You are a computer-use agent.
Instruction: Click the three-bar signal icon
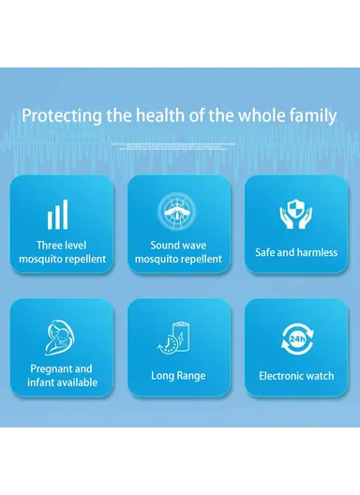(x=57, y=215)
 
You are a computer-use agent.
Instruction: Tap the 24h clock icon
(x=296, y=337)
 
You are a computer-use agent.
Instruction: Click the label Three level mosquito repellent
(x=62, y=251)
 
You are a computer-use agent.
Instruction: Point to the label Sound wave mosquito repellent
(x=178, y=251)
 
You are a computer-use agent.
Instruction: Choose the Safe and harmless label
(x=296, y=252)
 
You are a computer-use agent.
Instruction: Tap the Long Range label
(x=178, y=376)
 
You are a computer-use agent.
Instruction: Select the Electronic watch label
(x=296, y=376)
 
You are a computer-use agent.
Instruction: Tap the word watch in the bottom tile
(x=319, y=376)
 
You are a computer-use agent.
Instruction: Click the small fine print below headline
(x=180, y=146)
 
